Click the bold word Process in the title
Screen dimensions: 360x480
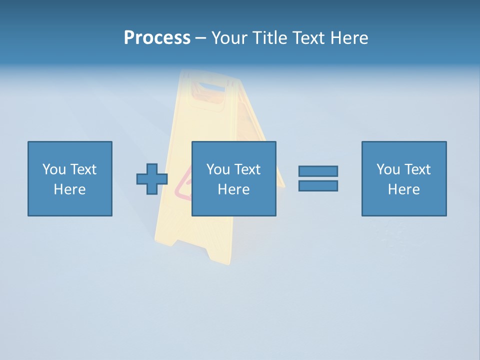[x=157, y=38]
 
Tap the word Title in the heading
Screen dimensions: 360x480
[x=269, y=38]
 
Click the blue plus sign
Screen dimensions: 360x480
[x=152, y=179]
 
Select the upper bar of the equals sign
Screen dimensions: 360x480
[x=318, y=171]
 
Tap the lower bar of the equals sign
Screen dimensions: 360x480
[x=318, y=185]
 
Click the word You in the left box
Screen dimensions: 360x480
[x=54, y=169]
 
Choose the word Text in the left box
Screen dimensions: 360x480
[x=83, y=169]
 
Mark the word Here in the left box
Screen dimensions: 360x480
[x=69, y=189]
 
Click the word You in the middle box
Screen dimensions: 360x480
[x=218, y=169]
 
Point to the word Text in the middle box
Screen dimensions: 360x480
[x=247, y=169]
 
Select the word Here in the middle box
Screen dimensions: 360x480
[x=233, y=189]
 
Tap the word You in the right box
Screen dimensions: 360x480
[x=388, y=169]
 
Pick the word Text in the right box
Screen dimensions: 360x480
[x=417, y=169]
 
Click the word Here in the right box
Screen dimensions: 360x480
[x=403, y=189]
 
